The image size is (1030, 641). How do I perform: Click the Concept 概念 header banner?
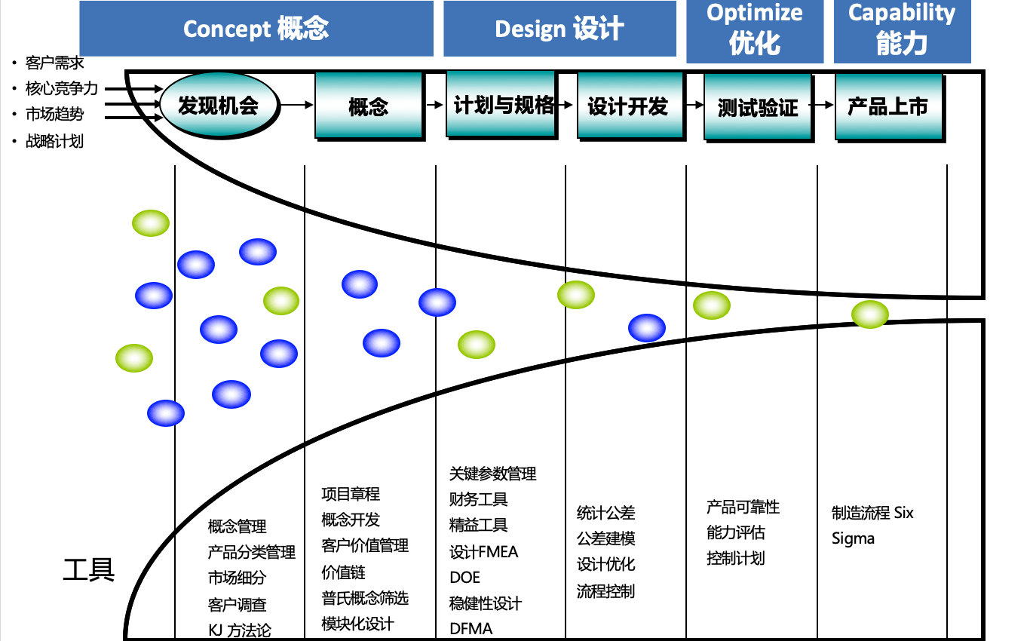(x=256, y=29)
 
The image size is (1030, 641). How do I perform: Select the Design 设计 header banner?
(x=559, y=29)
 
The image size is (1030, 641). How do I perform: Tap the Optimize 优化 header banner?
(x=754, y=30)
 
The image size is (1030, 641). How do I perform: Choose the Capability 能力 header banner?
(x=902, y=30)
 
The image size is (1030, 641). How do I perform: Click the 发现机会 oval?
(x=218, y=105)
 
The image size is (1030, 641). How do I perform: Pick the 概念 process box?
(x=368, y=106)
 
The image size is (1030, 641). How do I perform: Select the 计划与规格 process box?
(x=501, y=104)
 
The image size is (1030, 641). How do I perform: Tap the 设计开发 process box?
(x=628, y=106)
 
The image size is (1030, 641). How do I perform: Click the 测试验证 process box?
(x=758, y=107)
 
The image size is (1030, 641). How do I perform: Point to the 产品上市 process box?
(x=888, y=106)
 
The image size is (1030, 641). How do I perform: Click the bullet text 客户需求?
(x=54, y=63)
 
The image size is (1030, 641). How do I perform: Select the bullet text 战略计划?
(x=54, y=141)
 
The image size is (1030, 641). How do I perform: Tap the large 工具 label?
(x=89, y=569)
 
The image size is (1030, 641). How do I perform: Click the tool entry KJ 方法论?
(x=239, y=630)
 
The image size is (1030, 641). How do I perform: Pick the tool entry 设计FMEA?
(x=484, y=552)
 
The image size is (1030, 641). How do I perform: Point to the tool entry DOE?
(x=464, y=578)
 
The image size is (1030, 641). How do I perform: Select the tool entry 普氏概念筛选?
(x=365, y=598)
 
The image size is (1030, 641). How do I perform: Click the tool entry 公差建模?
(x=605, y=538)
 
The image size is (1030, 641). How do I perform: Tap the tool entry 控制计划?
(x=735, y=558)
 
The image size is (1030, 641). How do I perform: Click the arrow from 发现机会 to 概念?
(x=296, y=106)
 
